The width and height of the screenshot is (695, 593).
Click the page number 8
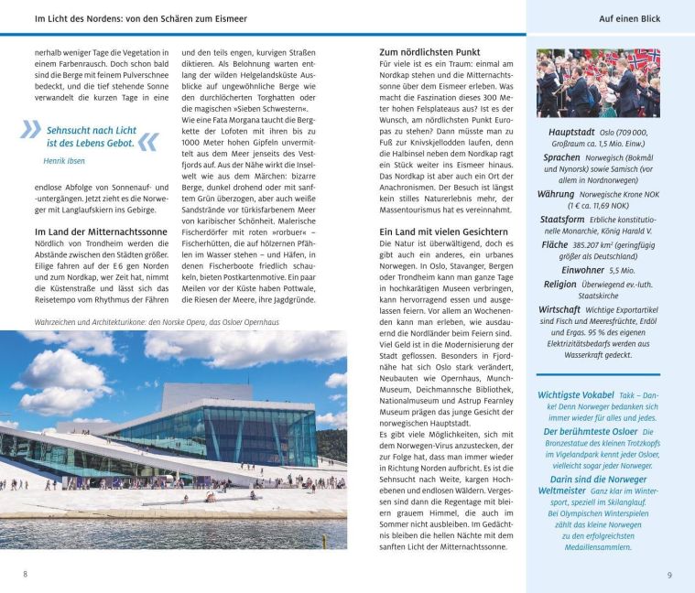26,574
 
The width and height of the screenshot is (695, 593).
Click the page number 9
669,574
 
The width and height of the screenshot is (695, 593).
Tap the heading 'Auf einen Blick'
629,18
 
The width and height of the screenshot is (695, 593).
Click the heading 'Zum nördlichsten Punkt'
429,52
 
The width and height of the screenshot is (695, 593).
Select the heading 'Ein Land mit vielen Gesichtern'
443,232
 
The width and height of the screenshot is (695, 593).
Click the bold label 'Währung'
556,194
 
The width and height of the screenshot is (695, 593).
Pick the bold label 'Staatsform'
562,220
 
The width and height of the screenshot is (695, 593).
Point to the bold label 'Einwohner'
582,270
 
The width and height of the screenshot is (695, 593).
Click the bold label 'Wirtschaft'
559,310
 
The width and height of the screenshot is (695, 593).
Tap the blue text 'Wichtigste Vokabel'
578,394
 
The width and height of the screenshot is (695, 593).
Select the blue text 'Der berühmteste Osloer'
590,431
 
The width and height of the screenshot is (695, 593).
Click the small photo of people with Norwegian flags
597,82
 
